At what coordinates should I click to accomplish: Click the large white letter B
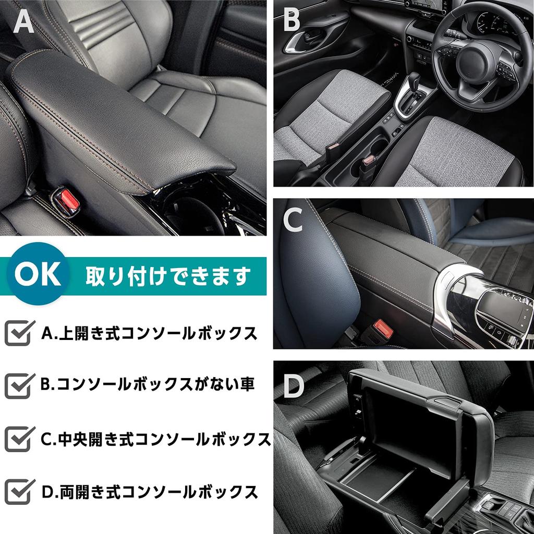tap(292, 21)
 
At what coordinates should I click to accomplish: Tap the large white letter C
tap(293, 221)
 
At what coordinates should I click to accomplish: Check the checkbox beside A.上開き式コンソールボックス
tap(19, 333)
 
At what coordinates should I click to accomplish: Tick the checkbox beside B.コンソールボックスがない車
tap(19, 385)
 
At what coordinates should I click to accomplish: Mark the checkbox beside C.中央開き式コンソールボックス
tap(19, 439)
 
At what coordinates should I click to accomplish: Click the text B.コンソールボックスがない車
tap(147, 385)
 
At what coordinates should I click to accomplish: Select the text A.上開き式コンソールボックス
tap(149, 333)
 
